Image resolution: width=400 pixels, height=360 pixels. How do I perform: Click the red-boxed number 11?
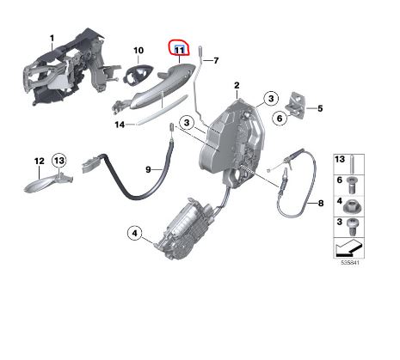(x=180, y=51)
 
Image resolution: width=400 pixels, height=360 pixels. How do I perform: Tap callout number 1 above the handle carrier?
(x=51, y=37)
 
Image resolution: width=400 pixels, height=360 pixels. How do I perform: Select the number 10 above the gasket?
(x=138, y=51)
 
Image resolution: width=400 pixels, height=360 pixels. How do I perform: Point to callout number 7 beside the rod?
(x=216, y=60)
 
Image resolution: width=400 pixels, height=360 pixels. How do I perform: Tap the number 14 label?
(x=120, y=124)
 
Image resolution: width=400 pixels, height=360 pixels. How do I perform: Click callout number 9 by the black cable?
(x=147, y=170)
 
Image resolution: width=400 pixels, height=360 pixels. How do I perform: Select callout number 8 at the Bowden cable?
(x=320, y=204)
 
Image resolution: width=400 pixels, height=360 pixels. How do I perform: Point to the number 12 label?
(x=39, y=161)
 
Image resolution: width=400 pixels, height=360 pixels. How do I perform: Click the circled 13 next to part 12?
(x=58, y=161)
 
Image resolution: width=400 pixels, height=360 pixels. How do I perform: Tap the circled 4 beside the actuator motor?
(x=135, y=232)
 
